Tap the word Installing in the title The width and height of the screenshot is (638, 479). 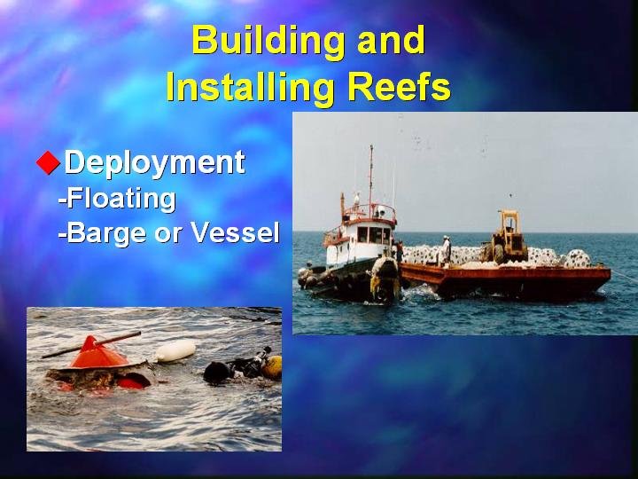[251, 88]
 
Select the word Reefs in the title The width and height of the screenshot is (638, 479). [400, 87]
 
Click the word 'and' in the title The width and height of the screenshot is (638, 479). [391, 41]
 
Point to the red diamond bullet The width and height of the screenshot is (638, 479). [49, 162]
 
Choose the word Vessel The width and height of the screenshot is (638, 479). [235, 232]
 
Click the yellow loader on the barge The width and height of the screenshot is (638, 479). [507, 239]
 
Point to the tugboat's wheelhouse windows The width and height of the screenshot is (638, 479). [374, 235]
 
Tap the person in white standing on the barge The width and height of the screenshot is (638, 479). [446, 249]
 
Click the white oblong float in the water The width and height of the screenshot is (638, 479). [175, 350]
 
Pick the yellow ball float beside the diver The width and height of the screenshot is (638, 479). [273, 367]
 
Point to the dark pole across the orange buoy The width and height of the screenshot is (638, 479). [91, 345]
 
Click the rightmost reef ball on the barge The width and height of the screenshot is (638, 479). [577, 258]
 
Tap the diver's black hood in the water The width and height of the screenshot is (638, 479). [217, 373]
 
